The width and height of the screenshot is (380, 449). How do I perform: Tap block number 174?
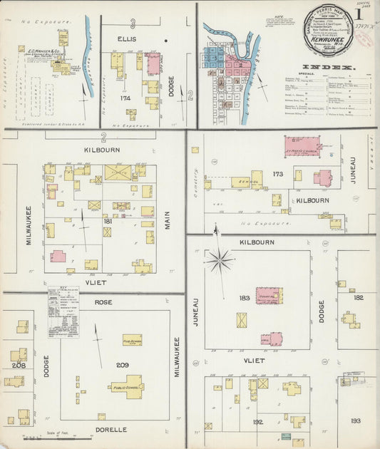(x=125, y=98)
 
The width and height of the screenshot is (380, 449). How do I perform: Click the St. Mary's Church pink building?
(x=302, y=147)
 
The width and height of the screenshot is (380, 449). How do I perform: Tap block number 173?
(x=278, y=173)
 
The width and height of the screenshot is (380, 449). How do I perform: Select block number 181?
(x=108, y=222)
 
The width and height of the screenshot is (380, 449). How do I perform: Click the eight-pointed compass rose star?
(x=219, y=261)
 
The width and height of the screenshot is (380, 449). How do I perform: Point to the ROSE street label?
(x=103, y=302)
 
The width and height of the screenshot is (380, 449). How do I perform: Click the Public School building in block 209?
(x=126, y=388)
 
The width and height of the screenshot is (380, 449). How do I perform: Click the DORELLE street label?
(x=111, y=430)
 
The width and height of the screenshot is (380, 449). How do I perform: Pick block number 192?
(x=258, y=421)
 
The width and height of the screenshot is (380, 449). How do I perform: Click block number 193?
(x=356, y=421)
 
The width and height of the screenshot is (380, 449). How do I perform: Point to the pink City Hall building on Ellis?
(x=153, y=63)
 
